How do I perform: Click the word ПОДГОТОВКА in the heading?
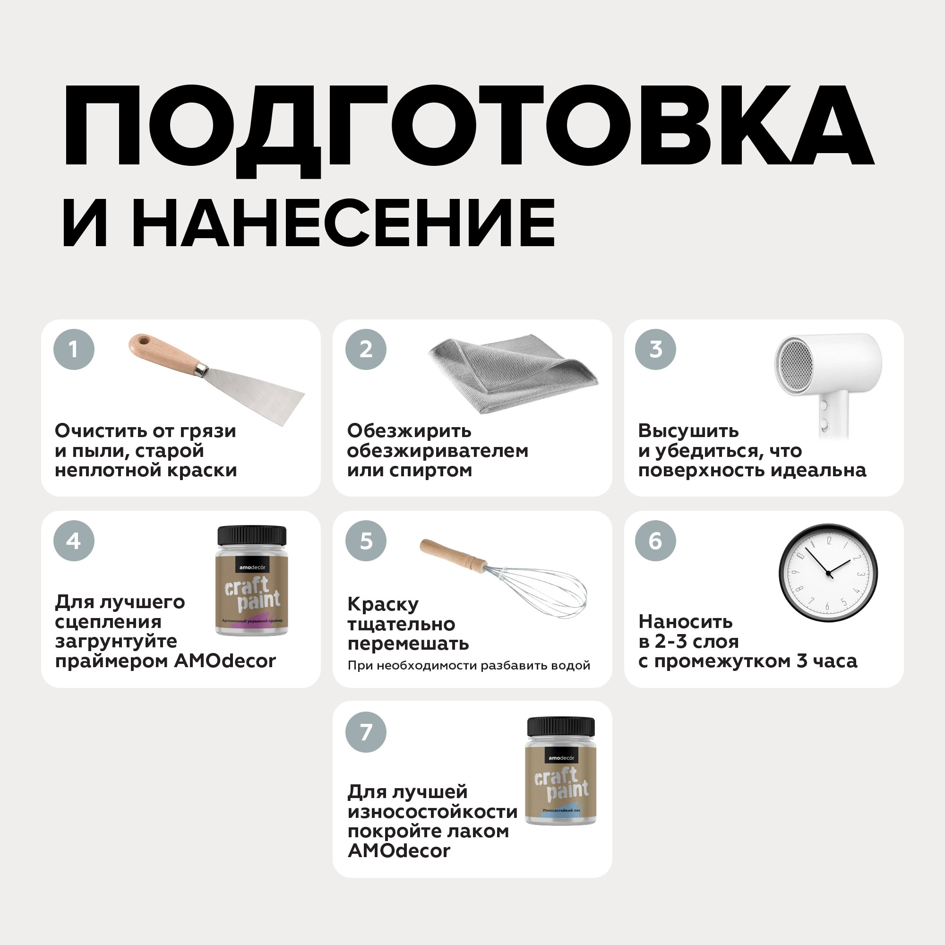pyautogui.click(x=468, y=130)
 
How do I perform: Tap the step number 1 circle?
pyautogui.click(x=74, y=349)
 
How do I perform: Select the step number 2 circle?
pyautogui.click(x=366, y=349)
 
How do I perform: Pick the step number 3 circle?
pyautogui.click(x=655, y=349)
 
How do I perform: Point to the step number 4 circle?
pyautogui.click(x=74, y=541)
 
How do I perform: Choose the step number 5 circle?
pyautogui.click(x=366, y=541)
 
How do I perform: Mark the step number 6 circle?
pyautogui.click(x=655, y=541)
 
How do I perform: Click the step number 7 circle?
pyautogui.click(x=366, y=732)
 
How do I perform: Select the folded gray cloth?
pyautogui.click(x=513, y=374)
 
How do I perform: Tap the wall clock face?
pyautogui.click(x=828, y=573)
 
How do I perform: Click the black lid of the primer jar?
pyautogui.click(x=252, y=536)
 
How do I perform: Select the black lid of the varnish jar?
pyautogui.click(x=561, y=727)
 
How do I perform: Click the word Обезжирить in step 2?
pyautogui.click(x=409, y=431)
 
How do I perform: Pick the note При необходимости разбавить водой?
pyautogui.click(x=469, y=666)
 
